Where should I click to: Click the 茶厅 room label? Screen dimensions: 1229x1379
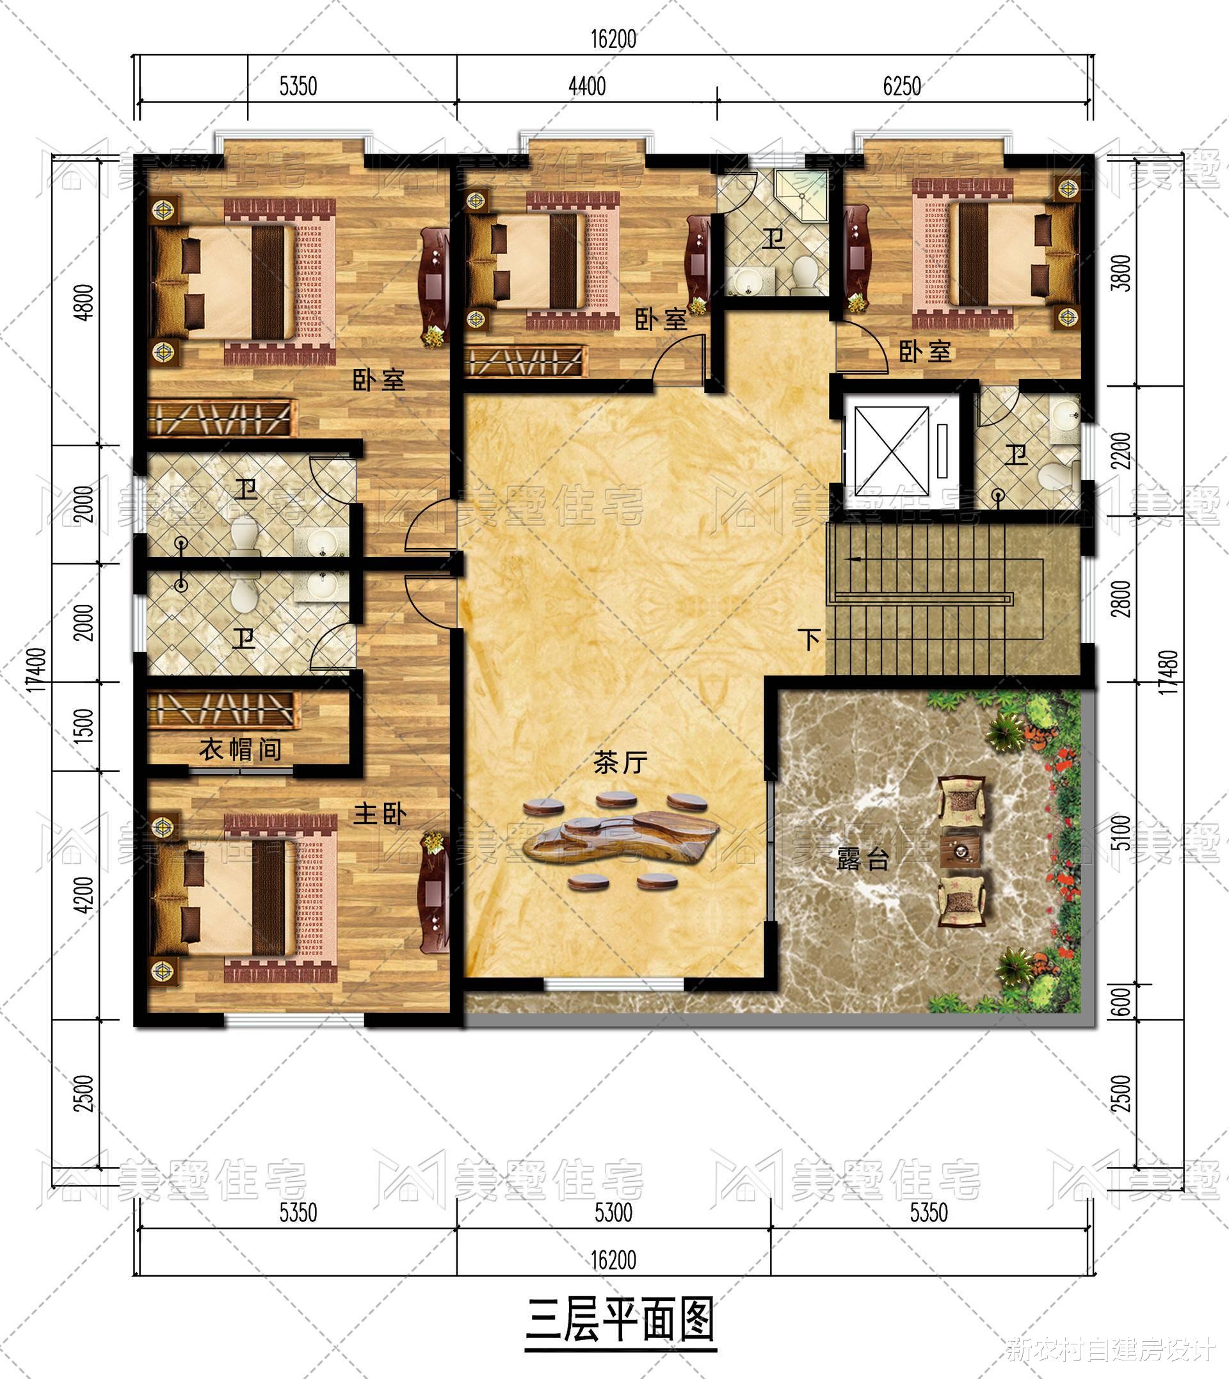pos(620,763)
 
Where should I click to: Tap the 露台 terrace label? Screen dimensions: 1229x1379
pos(862,860)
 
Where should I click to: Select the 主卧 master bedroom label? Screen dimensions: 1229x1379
pos(380,814)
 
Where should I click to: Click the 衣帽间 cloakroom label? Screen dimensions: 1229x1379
pos(241,750)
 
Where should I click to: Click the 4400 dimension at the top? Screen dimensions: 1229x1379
pos(587,86)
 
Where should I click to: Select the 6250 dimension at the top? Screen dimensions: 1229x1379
pos(901,86)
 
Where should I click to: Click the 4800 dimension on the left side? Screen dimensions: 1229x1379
pos(86,303)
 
